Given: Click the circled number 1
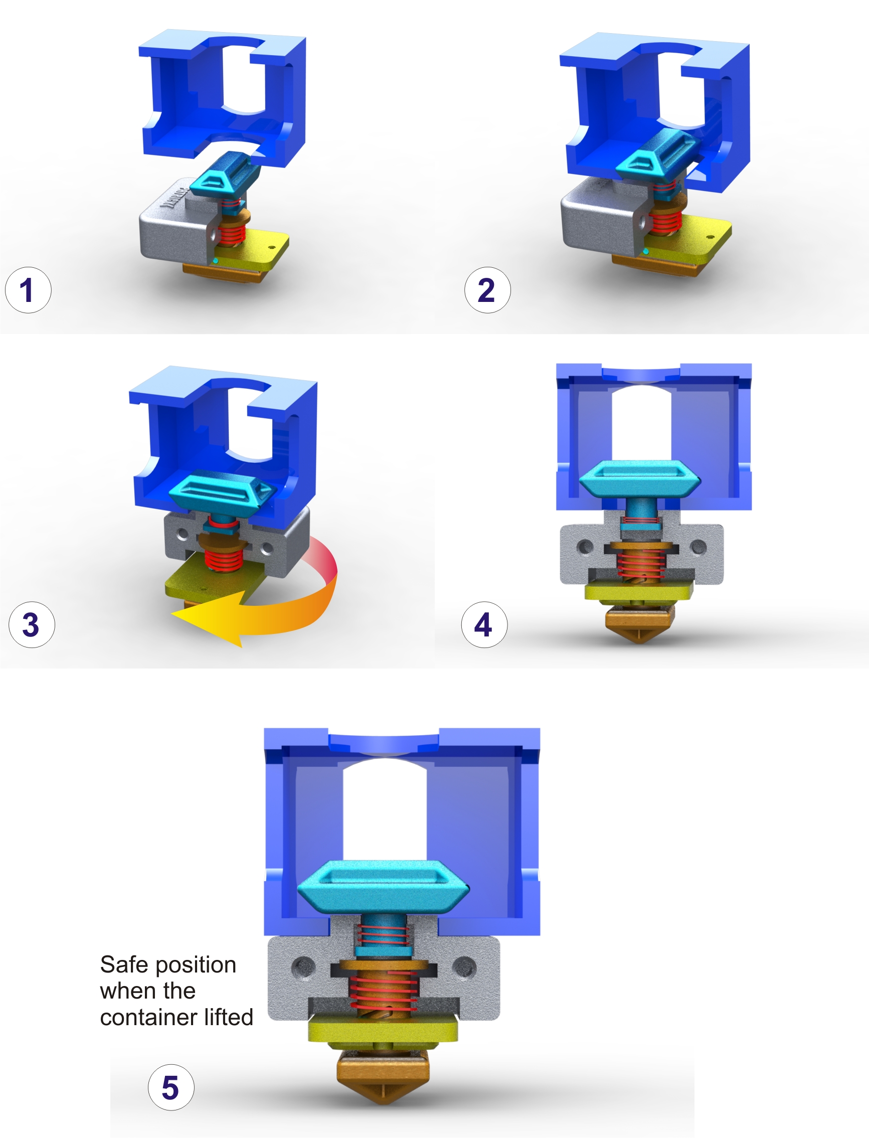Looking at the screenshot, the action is pos(28,290).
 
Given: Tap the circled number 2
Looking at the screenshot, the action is pos(487,290).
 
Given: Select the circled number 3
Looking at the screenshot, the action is pos(32,624).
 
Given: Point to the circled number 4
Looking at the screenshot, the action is pos(484,624).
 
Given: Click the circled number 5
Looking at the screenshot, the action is pos(171,1087).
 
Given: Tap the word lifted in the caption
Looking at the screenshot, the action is pos(229,1017).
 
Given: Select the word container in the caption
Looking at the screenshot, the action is pos(149,1018).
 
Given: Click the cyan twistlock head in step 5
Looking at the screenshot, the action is pos(383,886).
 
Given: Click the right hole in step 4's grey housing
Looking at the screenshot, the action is pos(699,546).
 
